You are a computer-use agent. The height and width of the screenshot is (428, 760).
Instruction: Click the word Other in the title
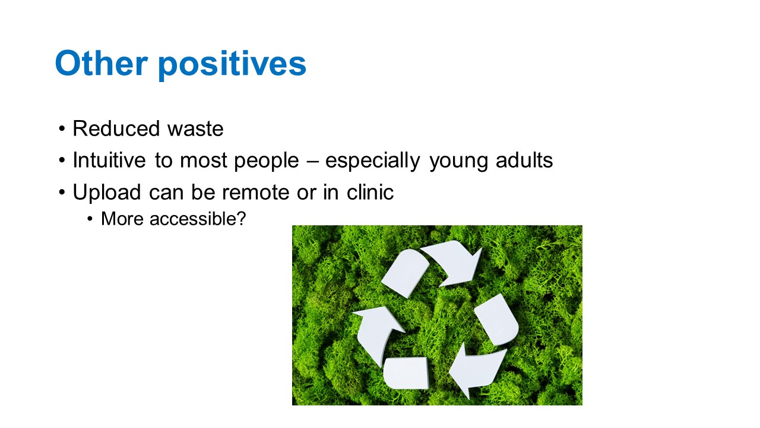[101, 63]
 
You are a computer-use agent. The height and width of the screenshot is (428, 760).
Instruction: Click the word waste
[195, 130]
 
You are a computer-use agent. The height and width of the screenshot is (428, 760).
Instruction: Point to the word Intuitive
[109, 160]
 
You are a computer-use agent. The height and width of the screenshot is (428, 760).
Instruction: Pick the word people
[267, 161]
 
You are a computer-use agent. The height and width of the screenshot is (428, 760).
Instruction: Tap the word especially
[372, 161]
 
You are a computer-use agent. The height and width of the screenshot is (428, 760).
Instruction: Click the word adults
[524, 160]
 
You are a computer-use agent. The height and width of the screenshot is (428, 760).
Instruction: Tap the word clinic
[370, 192]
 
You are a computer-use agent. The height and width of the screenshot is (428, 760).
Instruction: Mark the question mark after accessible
[242, 218]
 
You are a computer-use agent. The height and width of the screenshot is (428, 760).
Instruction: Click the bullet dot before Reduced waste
[61, 130]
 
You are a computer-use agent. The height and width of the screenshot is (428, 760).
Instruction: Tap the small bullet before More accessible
[90, 219]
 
